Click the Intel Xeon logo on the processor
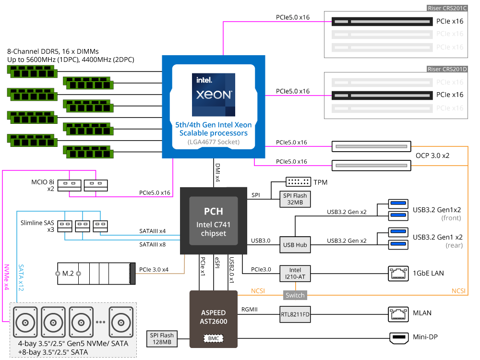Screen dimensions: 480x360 pos(214,95)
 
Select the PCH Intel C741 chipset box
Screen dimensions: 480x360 pos(214,221)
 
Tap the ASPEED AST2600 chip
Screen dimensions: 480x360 pos(214,319)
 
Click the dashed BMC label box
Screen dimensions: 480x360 pos(214,338)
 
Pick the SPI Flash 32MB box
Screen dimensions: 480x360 pos(295,199)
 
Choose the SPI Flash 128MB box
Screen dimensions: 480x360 pos(162,339)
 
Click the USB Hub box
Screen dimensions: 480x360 pos(295,245)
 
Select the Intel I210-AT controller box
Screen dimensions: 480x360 pos(295,274)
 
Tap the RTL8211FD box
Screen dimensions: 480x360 pos(295,314)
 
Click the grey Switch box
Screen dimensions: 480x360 pos(295,295)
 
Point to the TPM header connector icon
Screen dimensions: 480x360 pos(298,182)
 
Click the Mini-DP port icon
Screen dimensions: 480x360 pos(399,337)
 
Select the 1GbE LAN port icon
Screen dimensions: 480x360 pos(398,274)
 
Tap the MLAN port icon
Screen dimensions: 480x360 pos(398,314)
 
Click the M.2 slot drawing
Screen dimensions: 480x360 pos(96,274)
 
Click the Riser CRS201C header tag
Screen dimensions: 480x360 pos(447,8)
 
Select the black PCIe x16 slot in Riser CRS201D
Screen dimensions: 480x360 pos(383,95)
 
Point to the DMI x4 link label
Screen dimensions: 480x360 pos(217,172)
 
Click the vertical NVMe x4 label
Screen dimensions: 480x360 pos(6,277)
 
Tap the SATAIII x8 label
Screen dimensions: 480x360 pos(153,244)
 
